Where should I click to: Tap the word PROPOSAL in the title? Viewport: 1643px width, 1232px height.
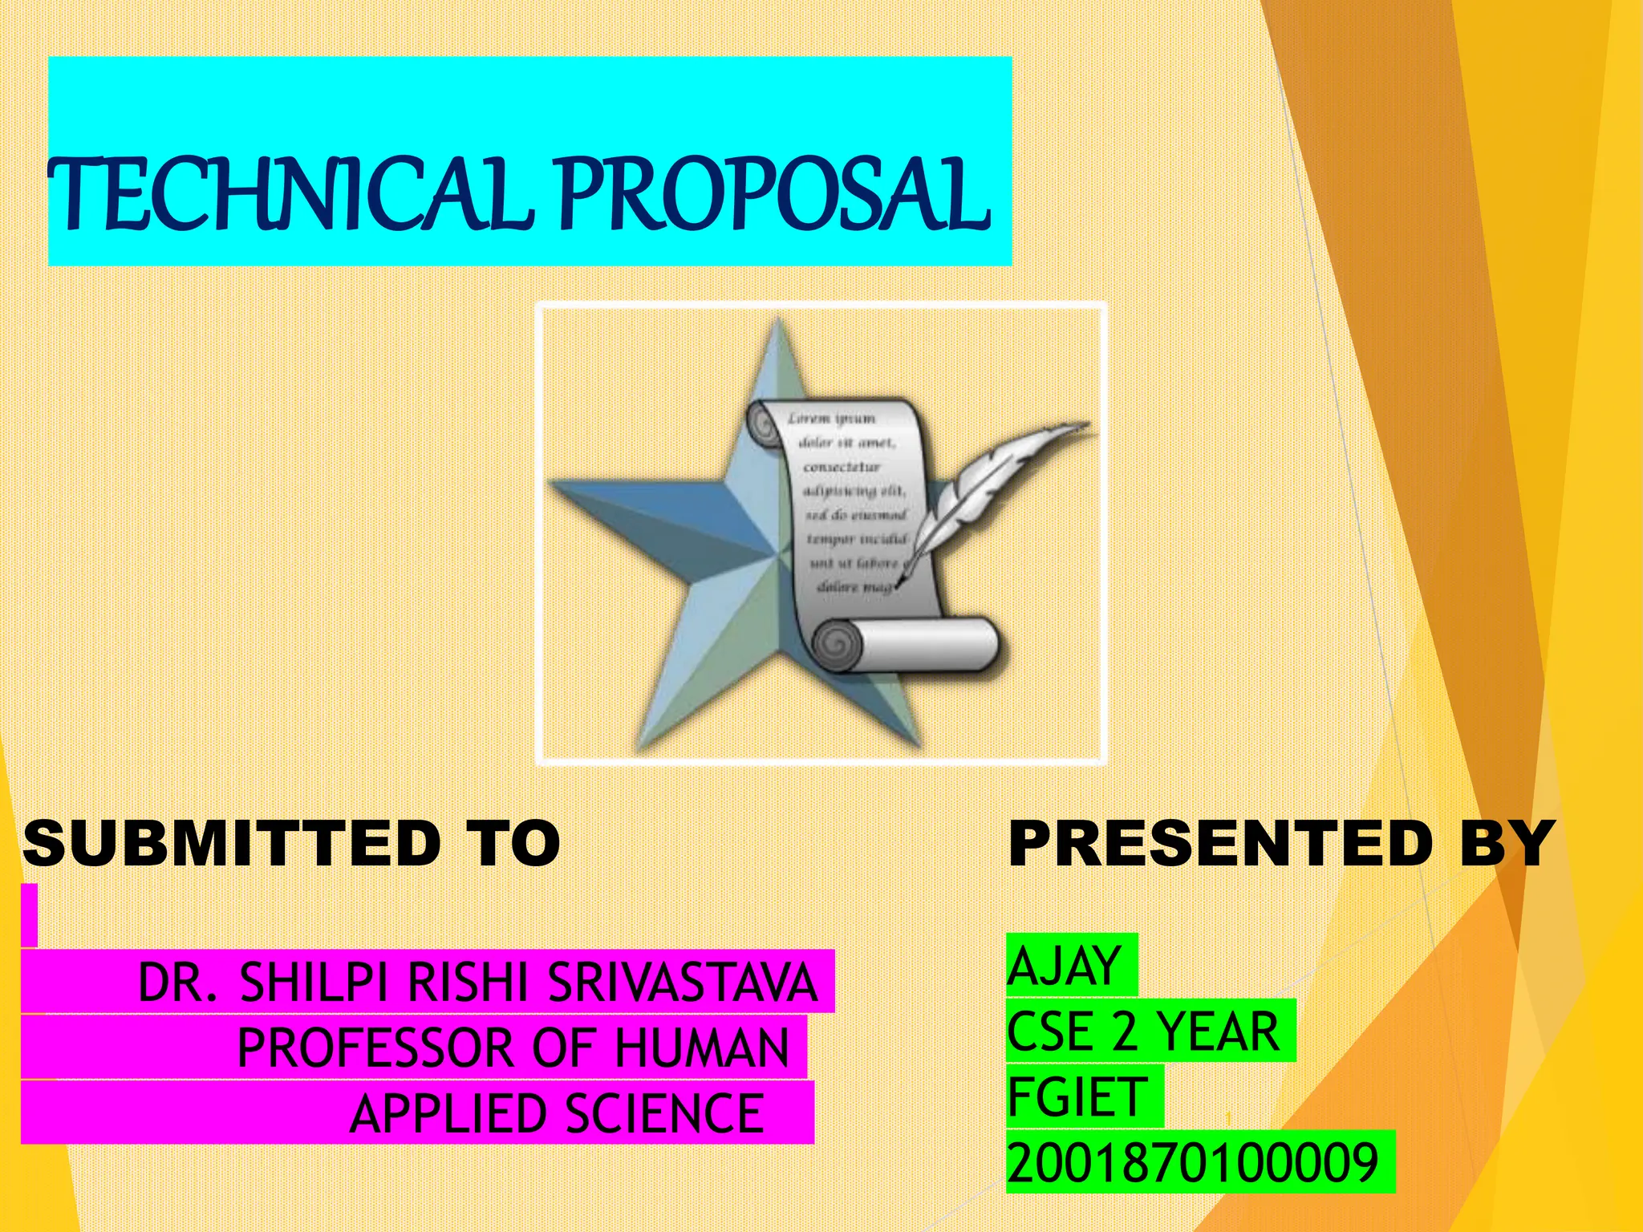774,194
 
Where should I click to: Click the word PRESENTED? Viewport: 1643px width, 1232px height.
1220,844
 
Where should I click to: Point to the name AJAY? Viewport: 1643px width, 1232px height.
1065,966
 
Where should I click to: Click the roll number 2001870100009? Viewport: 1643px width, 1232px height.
1193,1163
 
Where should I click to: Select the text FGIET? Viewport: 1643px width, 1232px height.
1077,1097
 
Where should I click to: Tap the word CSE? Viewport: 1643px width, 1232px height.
1049,1031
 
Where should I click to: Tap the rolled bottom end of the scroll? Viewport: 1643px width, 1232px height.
907,645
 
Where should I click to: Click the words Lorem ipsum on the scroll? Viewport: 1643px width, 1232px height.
831,419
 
